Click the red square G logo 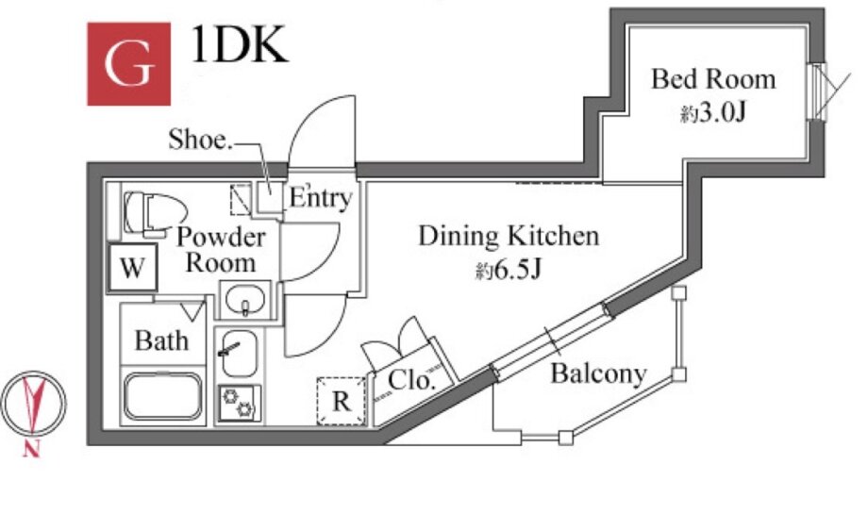(x=127, y=63)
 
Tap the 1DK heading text (x=240, y=45)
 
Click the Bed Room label (x=713, y=79)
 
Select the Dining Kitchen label (x=509, y=235)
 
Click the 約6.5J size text (x=508, y=273)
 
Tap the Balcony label (x=598, y=374)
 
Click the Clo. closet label (x=411, y=382)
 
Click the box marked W (x=132, y=269)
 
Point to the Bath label (x=161, y=340)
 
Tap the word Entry (x=320, y=199)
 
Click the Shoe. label (x=199, y=141)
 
